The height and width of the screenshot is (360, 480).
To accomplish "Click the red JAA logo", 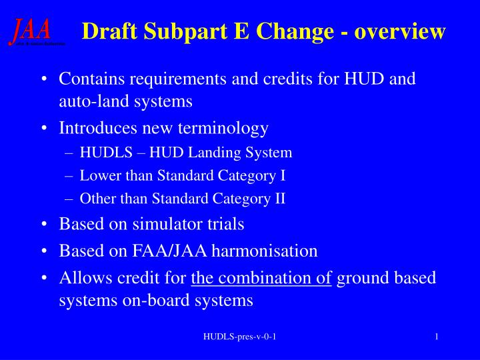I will [x=30, y=31].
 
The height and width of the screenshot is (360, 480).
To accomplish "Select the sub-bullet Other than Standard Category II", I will [x=183, y=199].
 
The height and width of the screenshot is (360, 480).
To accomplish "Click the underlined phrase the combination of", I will [x=261, y=277].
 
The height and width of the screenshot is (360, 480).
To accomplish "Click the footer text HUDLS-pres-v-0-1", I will [x=239, y=337].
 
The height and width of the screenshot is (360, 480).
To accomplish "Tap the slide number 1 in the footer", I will [x=436, y=337].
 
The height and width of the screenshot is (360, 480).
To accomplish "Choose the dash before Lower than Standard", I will [x=71, y=176].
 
